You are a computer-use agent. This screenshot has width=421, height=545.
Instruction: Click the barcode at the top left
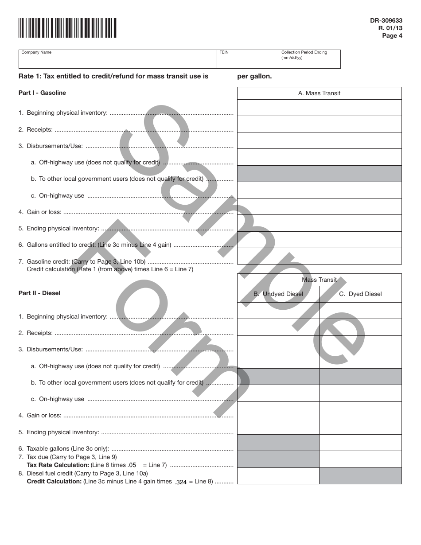[x=67, y=27]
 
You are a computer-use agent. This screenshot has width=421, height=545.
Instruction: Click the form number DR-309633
[x=386, y=20]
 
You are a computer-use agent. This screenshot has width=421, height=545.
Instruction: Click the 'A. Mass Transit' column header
[x=320, y=93]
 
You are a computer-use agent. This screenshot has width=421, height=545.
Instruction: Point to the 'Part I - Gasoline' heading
[x=42, y=93]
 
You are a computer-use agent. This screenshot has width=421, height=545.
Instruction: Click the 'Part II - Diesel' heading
[x=39, y=293]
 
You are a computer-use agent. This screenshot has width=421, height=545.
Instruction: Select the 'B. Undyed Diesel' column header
[x=278, y=294]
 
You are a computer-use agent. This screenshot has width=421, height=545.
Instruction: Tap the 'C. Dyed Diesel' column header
[x=360, y=294]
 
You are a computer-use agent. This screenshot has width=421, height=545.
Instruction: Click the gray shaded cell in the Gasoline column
[x=320, y=174]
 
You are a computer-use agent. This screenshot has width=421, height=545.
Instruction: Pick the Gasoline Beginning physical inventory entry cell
[x=320, y=108]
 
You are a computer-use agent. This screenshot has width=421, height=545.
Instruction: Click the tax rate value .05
[x=132, y=465]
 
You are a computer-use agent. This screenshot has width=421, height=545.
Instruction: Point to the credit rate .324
[x=181, y=482]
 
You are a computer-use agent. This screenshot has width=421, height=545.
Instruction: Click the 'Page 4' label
[x=392, y=36]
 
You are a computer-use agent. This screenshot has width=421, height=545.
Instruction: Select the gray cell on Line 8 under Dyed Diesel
[x=360, y=476]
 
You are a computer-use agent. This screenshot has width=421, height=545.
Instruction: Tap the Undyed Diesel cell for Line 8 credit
[x=278, y=476]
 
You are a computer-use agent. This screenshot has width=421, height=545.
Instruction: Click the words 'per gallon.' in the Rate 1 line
[x=254, y=76]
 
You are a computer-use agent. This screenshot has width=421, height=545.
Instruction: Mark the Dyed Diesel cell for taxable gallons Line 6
[x=360, y=443]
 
